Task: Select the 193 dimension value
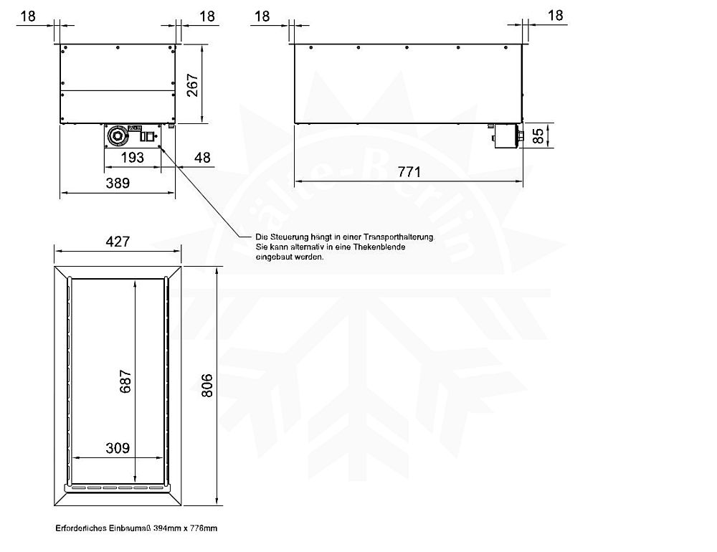click(133, 157)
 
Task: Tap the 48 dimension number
click(203, 157)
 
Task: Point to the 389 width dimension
click(118, 183)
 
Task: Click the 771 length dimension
click(409, 171)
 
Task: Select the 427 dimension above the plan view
click(118, 241)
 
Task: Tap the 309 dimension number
click(118, 448)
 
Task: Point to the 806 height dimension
click(206, 387)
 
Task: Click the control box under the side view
click(506, 136)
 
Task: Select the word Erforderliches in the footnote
click(80, 528)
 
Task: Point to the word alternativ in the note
click(310, 247)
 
